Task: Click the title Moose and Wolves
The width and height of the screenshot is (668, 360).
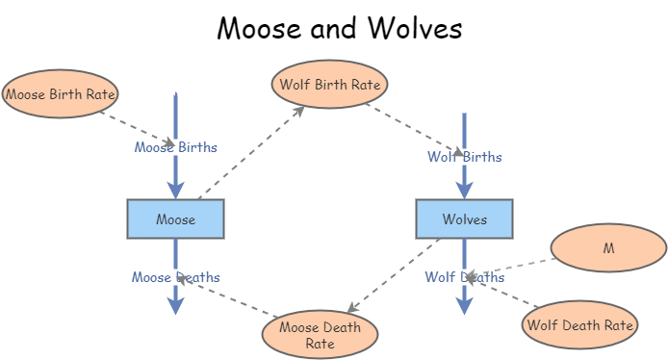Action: (x=339, y=28)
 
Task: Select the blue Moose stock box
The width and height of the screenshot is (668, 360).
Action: (x=175, y=219)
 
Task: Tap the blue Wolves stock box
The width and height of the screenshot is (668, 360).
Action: (x=464, y=219)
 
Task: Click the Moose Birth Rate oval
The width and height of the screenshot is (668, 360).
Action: (x=60, y=93)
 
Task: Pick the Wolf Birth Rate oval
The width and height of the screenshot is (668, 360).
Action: (x=330, y=84)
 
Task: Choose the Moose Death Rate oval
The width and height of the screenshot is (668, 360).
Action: (x=320, y=334)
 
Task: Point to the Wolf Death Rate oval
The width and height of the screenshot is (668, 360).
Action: (x=579, y=324)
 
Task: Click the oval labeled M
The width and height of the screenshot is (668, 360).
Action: (x=608, y=247)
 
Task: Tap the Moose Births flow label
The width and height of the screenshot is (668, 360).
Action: (x=175, y=147)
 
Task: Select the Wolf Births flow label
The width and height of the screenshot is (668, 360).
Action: (x=464, y=156)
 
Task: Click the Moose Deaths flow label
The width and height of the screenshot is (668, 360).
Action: (x=175, y=277)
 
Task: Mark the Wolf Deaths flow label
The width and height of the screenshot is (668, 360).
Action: (x=464, y=277)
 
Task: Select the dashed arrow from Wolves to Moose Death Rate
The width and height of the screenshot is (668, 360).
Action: (x=395, y=274)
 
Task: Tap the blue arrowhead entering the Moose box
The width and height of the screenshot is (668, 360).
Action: (x=175, y=189)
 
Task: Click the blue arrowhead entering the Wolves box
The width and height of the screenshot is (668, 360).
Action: (x=464, y=189)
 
